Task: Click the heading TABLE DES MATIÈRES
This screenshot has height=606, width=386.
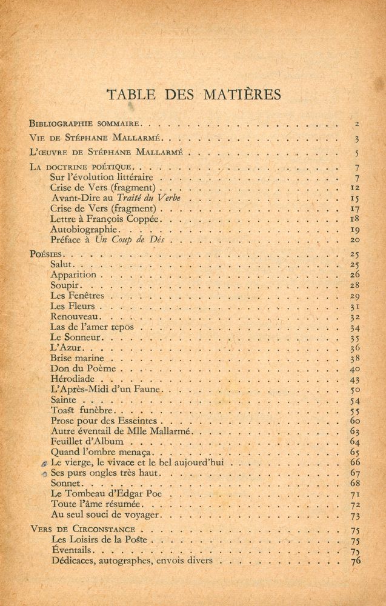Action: point(193,95)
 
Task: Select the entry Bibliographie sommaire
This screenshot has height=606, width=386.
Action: point(85,123)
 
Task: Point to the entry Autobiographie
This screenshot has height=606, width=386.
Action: point(85,230)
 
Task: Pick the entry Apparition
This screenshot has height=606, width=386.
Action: point(73,275)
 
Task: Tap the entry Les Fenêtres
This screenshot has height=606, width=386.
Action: point(78,296)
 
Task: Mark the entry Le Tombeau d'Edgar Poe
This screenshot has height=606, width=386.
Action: point(99,494)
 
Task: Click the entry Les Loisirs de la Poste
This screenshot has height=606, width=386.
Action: point(103,539)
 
